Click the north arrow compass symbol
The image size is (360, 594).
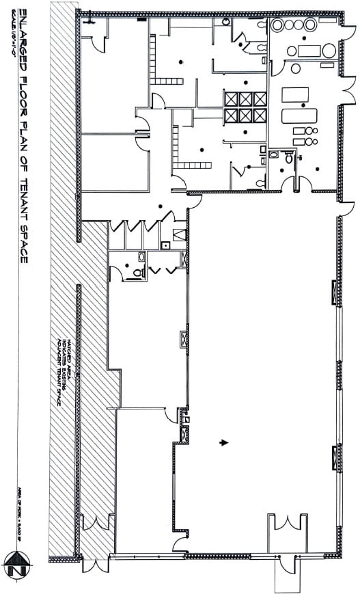tap(15, 565)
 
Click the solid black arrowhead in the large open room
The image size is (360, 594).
tap(223, 442)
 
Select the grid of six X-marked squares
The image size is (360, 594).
tap(245, 107)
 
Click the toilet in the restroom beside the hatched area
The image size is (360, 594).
tap(137, 271)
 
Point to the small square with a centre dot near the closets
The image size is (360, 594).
tap(165, 244)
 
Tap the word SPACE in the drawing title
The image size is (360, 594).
tap(23, 240)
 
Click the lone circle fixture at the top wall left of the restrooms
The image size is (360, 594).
tap(226, 22)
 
